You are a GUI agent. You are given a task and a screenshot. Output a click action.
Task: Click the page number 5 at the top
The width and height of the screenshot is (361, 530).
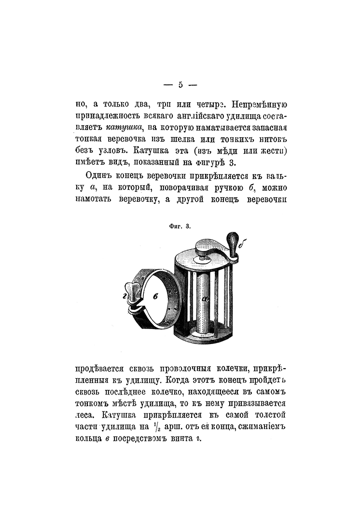click(x=180, y=85)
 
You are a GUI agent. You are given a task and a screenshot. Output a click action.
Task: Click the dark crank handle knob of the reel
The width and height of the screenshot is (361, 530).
click(x=232, y=242)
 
